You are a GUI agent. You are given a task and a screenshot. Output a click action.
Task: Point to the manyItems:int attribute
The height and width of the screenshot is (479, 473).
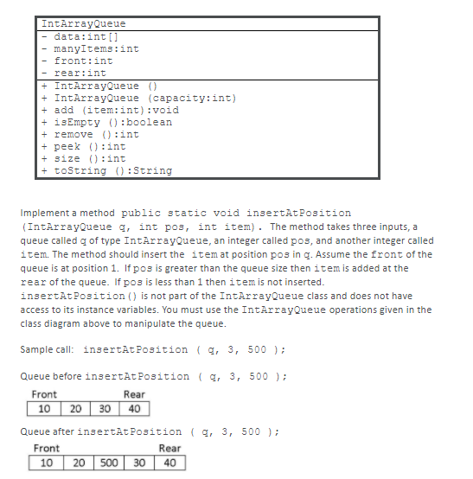click(96, 48)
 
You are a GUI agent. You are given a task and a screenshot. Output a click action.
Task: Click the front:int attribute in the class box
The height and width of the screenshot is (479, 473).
click(83, 61)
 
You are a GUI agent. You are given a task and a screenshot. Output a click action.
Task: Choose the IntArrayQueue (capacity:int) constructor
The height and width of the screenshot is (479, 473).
click(144, 98)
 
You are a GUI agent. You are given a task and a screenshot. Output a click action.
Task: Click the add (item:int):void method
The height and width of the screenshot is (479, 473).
click(116, 110)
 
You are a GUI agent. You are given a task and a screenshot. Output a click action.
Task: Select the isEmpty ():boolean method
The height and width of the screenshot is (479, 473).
click(112, 122)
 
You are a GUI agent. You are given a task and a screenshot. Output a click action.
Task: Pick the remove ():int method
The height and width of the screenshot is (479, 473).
click(96, 134)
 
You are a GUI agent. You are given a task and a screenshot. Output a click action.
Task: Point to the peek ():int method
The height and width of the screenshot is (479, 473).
click(90, 146)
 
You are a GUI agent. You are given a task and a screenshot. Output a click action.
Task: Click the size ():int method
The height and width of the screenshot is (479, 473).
click(90, 158)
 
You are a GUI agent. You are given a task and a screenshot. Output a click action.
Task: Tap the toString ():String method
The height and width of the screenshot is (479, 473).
click(112, 170)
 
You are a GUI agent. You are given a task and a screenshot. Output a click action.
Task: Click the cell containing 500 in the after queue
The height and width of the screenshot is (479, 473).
click(108, 463)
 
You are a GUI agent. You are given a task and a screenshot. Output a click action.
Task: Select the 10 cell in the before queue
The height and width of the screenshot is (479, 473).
click(43, 408)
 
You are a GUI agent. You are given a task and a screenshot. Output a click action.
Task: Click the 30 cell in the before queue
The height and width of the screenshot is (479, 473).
click(105, 408)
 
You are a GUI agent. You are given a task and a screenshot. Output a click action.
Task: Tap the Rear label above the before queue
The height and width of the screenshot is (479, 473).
click(134, 394)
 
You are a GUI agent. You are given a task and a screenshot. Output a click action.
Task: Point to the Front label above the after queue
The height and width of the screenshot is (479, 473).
click(47, 448)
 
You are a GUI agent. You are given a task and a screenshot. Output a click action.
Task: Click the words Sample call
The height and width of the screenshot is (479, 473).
click(48, 349)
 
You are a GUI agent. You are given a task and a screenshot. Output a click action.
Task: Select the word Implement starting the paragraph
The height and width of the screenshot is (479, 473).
click(44, 213)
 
